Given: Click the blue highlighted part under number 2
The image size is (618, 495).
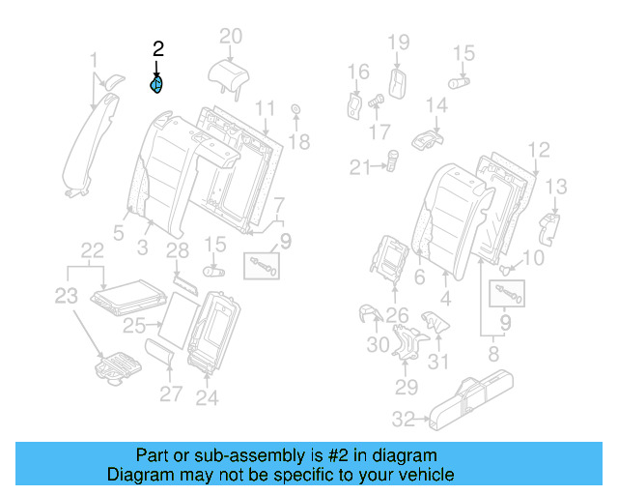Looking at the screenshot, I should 156,85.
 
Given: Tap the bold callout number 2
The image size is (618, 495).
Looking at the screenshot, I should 157,49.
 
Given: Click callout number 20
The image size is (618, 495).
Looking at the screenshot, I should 230,37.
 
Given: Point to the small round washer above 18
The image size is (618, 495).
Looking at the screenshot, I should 295,111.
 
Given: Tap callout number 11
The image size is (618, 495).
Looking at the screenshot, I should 266,106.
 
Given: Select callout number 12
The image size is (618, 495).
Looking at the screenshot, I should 539,149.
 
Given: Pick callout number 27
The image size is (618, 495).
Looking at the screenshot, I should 170,393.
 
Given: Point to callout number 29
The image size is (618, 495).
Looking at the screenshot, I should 405,388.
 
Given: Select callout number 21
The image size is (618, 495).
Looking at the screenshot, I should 360,167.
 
